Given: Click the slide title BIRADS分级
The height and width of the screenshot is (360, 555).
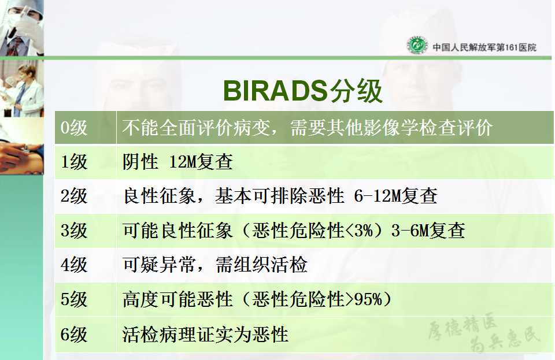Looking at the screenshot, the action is (303, 91).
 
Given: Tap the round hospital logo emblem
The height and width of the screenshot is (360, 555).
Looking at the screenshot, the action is (417, 45).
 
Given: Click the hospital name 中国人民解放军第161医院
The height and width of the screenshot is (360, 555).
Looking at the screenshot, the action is (484, 47).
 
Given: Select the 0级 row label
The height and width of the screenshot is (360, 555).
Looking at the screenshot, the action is (73, 127).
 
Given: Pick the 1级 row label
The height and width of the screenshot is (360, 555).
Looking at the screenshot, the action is (73, 162).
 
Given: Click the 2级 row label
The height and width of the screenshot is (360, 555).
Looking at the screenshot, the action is (73, 196).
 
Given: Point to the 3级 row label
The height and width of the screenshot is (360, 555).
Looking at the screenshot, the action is (73, 230).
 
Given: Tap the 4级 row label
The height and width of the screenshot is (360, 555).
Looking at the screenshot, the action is (73, 265).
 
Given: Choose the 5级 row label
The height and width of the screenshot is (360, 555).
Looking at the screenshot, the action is (73, 299).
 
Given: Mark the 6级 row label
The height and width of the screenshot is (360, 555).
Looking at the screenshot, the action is (73, 334).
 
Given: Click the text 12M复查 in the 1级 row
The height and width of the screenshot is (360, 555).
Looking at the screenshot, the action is (201, 162).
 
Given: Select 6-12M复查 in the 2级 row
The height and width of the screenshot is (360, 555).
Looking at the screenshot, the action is (395, 196).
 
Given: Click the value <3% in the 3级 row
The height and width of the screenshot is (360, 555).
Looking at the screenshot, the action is (358, 231).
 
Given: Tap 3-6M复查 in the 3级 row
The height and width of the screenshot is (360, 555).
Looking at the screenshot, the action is (428, 230).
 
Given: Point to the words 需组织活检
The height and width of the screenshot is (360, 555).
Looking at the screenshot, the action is (261, 265).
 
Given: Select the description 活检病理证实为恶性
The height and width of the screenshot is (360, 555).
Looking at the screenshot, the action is (205, 334).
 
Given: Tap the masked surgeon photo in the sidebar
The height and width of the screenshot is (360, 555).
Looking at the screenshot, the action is (22, 28).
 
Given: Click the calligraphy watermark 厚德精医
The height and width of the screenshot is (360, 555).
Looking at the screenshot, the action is (462, 325).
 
